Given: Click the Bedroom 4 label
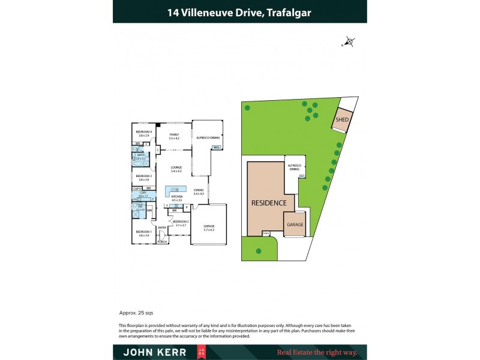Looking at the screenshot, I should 144,133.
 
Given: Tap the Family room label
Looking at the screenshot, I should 174,136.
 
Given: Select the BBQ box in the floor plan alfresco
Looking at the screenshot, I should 217,147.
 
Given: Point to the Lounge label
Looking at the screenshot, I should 176,170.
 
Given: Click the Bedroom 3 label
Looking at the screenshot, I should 143,178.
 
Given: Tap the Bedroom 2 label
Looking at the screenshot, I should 181,223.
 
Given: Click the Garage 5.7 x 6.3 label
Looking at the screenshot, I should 209,227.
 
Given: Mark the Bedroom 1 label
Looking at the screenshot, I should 143,233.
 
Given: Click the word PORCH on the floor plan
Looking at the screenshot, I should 162,242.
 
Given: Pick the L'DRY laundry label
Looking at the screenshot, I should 143,194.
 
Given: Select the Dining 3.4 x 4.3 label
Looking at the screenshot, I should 199,192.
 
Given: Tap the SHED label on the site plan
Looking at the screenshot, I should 342,119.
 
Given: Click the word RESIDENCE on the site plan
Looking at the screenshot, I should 269,203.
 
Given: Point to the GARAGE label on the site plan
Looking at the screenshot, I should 295,224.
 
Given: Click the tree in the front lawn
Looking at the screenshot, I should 259,250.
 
